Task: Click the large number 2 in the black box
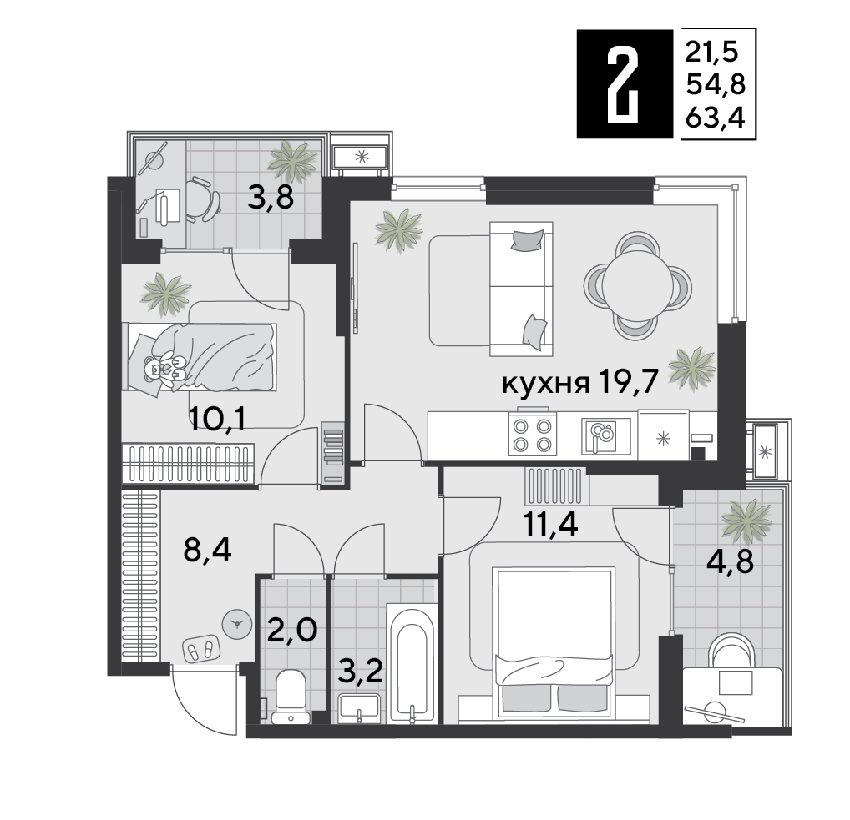click(x=624, y=83)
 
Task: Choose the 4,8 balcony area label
click(x=731, y=561)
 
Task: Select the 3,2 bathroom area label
click(x=362, y=669)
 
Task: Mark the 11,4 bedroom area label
click(x=552, y=526)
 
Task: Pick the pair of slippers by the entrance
click(x=200, y=649)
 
